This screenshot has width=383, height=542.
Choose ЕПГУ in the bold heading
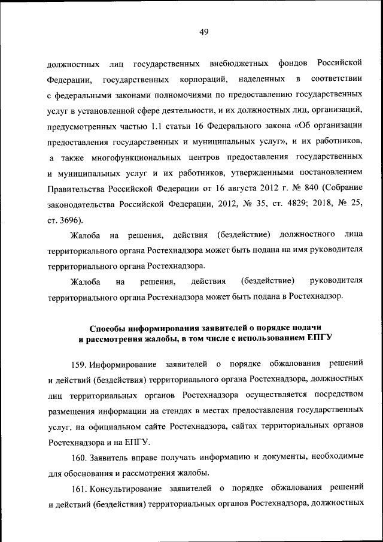tap(320, 338)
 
